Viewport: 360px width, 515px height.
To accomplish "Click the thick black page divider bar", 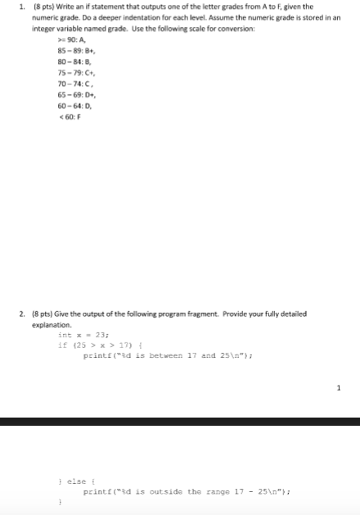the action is coord(180,421).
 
